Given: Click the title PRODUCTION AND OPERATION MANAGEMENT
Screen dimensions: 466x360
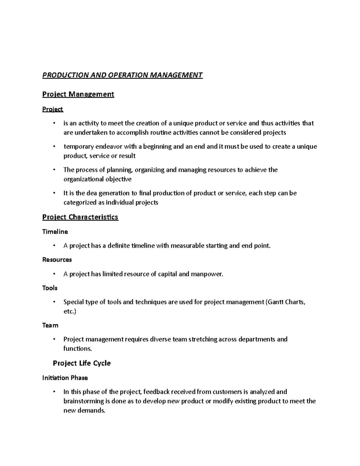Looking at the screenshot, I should [122, 75].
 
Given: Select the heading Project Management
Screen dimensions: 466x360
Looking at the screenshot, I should [78, 94].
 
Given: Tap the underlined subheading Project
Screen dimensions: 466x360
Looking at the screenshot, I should [52, 109].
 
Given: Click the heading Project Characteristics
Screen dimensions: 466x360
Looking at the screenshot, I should [80, 217].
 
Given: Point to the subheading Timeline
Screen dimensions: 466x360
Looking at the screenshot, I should [55, 232].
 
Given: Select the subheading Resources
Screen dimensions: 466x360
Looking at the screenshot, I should [57, 260].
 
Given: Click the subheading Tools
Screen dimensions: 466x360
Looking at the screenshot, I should [50, 288].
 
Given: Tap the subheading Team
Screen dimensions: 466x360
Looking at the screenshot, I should [50, 325].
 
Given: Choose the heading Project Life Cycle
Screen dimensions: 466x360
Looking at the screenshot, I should [82, 363].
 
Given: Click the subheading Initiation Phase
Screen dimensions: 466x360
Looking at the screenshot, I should [65, 378].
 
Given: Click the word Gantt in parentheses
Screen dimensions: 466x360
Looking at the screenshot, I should [275, 302].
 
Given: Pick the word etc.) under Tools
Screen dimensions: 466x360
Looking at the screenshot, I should [70, 311].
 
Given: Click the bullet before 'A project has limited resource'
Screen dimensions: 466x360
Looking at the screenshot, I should [54, 274].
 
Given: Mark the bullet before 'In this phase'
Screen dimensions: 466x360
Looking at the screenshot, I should [54, 392].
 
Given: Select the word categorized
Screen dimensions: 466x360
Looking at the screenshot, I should [80, 203].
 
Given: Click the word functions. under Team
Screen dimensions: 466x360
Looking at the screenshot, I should [77, 349].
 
